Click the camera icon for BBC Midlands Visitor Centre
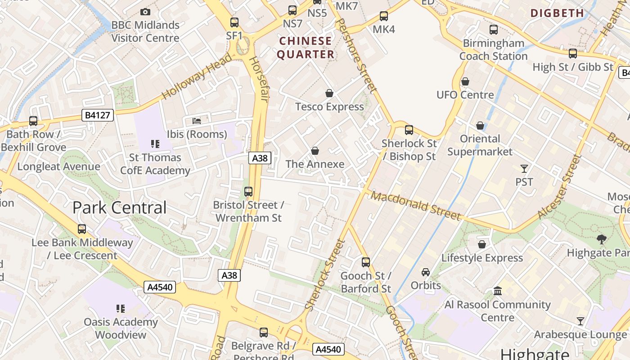click(145, 12)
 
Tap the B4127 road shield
click(97, 115)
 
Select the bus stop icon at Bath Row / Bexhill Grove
click(33, 121)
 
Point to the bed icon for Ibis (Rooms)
click(197, 121)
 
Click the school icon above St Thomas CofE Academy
click(155, 144)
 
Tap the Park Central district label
click(119, 207)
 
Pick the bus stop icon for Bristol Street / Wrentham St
click(248, 192)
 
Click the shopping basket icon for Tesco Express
click(329, 93)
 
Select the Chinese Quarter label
click(306, 48)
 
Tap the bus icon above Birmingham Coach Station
click(494, 30)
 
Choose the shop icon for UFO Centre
click(465, 81)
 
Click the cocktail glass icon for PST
click(524, 169)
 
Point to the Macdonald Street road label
click(417, 207)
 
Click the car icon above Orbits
click(426, 272)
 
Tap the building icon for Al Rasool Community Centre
click(498, 291)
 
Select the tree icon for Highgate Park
click(601, 239)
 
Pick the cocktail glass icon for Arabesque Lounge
click(580, 321)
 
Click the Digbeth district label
click(557, 13)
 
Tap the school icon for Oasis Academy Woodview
click(120, 309)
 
